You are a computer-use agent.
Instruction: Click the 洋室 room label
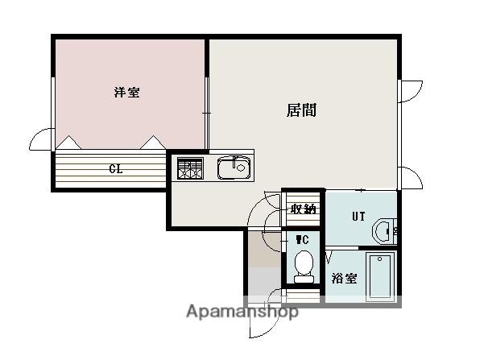(x=127, y=93)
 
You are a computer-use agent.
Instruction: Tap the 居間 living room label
(x=301, y=110)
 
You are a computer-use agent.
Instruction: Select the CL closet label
(x=116, y=169)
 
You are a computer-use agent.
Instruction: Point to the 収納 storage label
(x=304, y=209)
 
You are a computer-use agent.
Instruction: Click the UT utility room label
(x=358, y=217)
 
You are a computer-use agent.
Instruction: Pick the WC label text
(x=302, y=240)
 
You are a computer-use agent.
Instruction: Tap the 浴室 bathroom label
(x=344, y=278)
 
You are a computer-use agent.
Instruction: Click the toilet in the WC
(x=304, y=267)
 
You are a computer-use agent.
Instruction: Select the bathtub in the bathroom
(x=380, y=276)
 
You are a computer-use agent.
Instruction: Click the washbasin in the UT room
(x=383, y=232)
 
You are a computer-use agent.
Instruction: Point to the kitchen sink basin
(x=234, y=168)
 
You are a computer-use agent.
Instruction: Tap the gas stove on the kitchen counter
(x=190, y=168)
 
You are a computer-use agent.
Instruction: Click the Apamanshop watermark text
(x=242, y=311)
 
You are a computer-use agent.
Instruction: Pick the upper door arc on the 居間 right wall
(x=416, y=95)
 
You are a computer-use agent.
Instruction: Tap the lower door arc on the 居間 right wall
(x=417, y=174)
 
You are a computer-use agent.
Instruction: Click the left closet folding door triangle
(x=68, y=143)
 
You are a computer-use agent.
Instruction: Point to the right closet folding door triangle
(x=153, y=143)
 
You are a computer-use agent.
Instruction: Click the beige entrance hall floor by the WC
(x=265, y=249)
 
